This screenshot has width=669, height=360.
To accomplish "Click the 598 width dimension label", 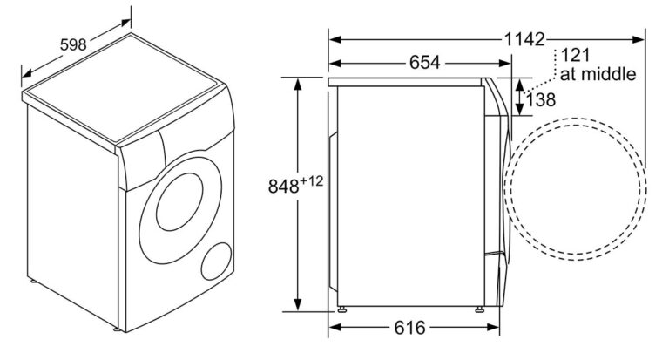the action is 73,44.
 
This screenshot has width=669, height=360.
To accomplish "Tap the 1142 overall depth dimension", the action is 524,39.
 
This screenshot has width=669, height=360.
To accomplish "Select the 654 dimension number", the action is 424,63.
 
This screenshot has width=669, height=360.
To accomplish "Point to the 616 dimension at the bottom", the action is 409,328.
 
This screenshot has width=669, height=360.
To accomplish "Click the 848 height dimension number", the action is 283,187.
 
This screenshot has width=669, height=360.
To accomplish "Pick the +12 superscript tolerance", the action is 311,181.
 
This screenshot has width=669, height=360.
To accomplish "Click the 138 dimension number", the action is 541,100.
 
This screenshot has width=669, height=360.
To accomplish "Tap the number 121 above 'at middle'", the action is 575,55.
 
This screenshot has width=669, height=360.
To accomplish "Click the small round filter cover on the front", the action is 216,262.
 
